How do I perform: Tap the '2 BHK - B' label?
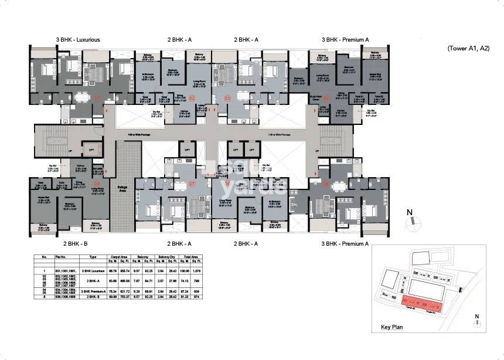point(76,243)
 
